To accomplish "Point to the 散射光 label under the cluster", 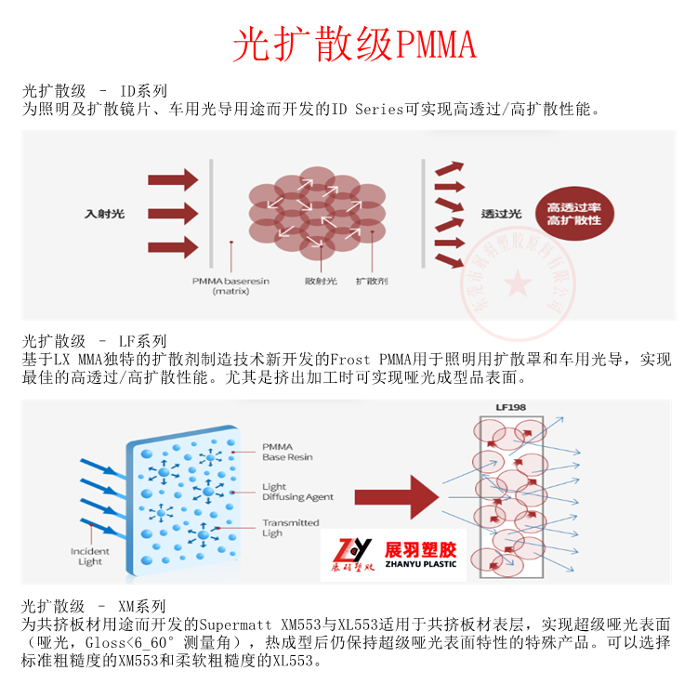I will (x=320, y=280).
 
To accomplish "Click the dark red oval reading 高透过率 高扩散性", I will (x=573, y=213).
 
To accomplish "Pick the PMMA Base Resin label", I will (x=287, y=452).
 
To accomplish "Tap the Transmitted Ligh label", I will (x=290, y=528).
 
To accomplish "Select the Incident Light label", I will (x=90, y=557).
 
